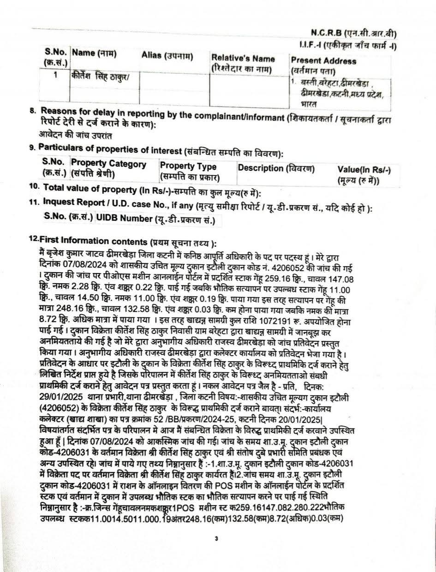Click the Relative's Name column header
pyautogui.click(x=243, y=59)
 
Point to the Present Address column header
pyautogui.click(x=323, y=61)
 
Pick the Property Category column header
pyautogui.click(x=108, y=164)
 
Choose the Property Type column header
pyautogui.click(x=188, y=166)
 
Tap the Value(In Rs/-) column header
pyautogui.click(x=364, y=171)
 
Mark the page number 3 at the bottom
pyautogui.click(x=216, y=538)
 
